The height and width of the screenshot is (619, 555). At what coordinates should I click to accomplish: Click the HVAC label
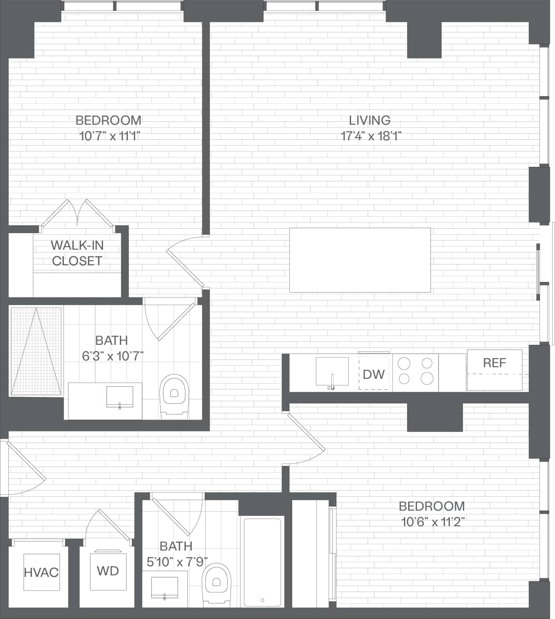(41, 573)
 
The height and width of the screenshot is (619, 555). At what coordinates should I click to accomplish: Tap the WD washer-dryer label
(108, 571)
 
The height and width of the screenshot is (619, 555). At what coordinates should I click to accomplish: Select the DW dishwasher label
(373, 373)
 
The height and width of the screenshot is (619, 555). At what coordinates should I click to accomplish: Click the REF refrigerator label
(494, 363)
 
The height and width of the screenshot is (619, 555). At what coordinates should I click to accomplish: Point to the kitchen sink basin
(332, 371)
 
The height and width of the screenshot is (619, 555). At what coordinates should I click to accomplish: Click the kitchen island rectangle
(360, 260)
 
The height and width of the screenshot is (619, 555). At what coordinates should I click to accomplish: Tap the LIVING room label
(370, 120)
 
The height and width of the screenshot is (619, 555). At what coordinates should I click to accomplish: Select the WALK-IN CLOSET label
(77, 253)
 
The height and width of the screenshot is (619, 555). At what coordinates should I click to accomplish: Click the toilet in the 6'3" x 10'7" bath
(174, 394)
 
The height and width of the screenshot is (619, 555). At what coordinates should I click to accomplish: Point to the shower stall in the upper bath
(36, 351)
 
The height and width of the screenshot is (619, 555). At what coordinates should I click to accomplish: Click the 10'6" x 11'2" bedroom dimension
(432, 522)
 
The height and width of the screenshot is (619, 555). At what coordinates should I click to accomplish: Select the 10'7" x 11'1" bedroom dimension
(109, 136)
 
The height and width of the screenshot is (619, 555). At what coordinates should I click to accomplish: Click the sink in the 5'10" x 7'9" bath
(165, 588)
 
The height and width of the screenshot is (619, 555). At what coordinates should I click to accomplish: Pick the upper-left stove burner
(404, 363)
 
